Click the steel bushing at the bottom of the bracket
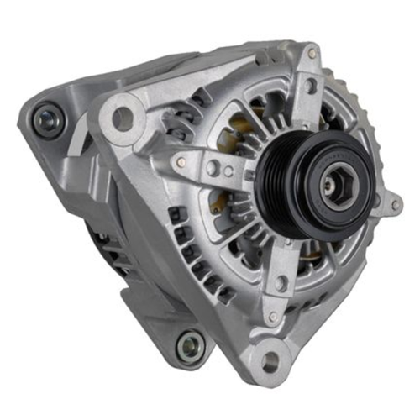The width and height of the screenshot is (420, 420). [x=189, y=344]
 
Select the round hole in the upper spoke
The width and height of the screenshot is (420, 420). [x=311, y=85]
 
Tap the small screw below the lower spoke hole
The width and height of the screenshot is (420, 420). [x=273, y=317]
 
